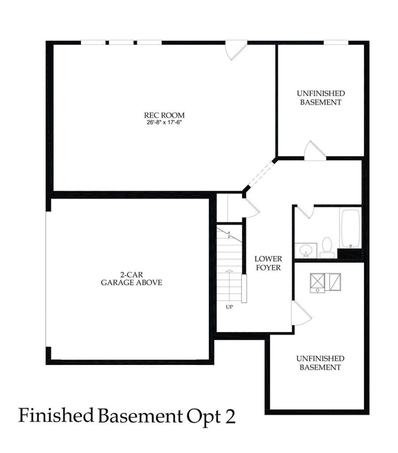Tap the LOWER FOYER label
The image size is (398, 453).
[x=267, y=263]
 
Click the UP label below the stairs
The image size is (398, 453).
[x=229, y=307]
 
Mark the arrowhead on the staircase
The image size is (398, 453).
[x=229, y=270]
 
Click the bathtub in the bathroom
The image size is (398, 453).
[x=350, y=228]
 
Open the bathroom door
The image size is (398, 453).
[x=304, y=211]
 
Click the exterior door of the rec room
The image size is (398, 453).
[x=235, y=50]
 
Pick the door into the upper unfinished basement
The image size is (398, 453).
[x=315, y=150]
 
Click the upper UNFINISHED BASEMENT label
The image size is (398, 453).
[x=321, y=98]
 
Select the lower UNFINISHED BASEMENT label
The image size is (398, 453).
[x=320, y=363]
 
